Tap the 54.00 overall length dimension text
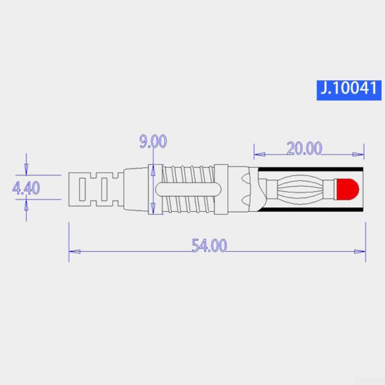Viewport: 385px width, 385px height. (209, 245)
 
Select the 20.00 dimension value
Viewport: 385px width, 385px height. (304, 148)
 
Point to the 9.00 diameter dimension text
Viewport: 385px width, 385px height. (153, 142)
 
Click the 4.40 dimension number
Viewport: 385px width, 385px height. (26, 188)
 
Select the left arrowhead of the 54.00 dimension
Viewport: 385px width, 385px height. (75, 252)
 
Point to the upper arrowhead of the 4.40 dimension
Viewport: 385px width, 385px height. (26, 169)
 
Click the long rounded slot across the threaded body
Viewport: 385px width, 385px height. (188, 188)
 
